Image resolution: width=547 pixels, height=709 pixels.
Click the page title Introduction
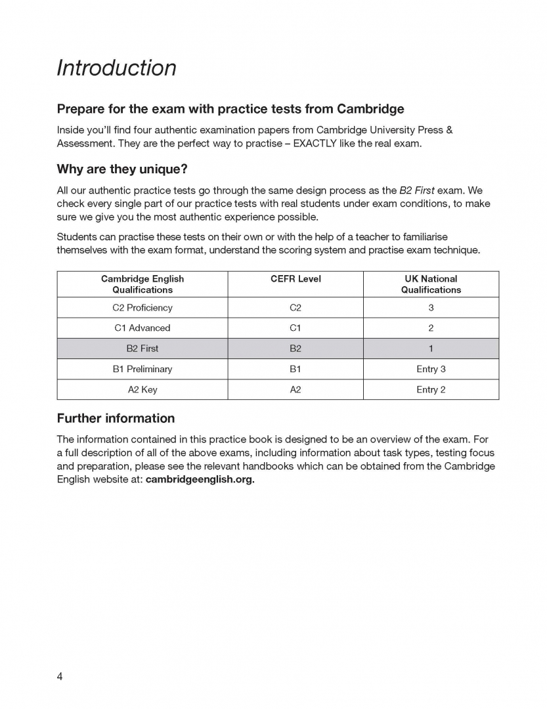point(116,68)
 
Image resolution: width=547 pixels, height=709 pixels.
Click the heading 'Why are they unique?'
point(122,169)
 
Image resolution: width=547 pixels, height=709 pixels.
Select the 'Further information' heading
point(116,418)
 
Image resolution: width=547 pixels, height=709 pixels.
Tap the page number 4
point(60,677)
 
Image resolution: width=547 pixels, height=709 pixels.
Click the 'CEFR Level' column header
point(295,279)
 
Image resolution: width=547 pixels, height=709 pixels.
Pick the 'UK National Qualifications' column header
point(431,284)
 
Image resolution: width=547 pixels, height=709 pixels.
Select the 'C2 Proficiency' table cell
point(142,308)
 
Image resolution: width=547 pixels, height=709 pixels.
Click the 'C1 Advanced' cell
point(142,328)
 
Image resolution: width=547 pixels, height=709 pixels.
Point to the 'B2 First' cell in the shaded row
point(142,349)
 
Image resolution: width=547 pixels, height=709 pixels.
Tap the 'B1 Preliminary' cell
point(142,369)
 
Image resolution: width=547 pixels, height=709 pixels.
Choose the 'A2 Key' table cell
point(142,389)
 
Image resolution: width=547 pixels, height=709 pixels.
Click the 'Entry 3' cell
point(431,369)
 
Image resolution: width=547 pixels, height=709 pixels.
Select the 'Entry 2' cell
point(431,389)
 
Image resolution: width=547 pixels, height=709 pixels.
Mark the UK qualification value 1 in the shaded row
point(431,349)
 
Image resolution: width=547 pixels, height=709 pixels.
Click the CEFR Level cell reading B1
point(295,369)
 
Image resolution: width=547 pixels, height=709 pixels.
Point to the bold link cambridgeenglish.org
point(200,479)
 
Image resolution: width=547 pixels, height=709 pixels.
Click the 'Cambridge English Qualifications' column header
point(142,284)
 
